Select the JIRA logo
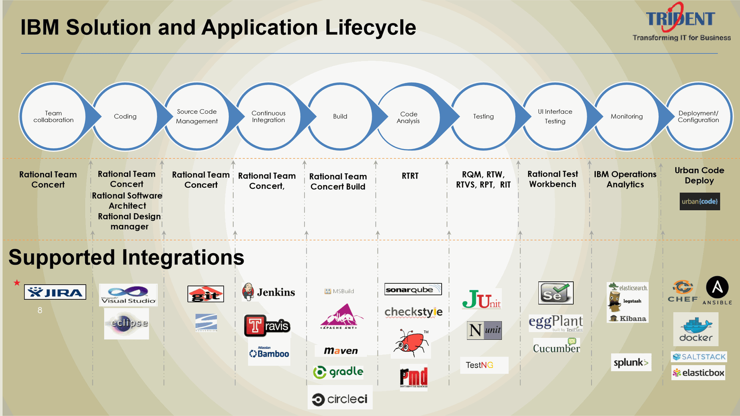pyautogui.click(x=55, y=292)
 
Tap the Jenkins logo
pyautogui.click(x=269, y=292)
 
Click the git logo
pyautogui.click(x=206, y=294)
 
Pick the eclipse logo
pyautogui.click(x=127, y=323)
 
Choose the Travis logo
pyautogui.click(x=267, y=326)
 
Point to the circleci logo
pyautogui.click(x=340, y=399)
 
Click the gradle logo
pyautogui.click(x=338, y=372)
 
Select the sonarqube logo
pyautogui.click(x=413, y=289)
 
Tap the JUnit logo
pyautogui.click(x=481, y=299)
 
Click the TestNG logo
pyautogui.click(x=480, y=365)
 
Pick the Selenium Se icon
pyautogui.click(x=555, y=293)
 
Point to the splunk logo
pyautogui.click(x=631, y=362)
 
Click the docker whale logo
pyautogui.click(x=696, y=329)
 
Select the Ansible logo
pyautogui.click(x=717, y=289)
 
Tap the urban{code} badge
pyautogui.click(x=699, y=201)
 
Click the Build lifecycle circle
pyautogui.click(x=340, y=117)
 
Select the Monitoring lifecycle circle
pyautogui.click(x=627, y=117)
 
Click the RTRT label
pyautogui.click(x=410, y=176)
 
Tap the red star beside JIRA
pyautogui.click(x=17, y=282)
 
